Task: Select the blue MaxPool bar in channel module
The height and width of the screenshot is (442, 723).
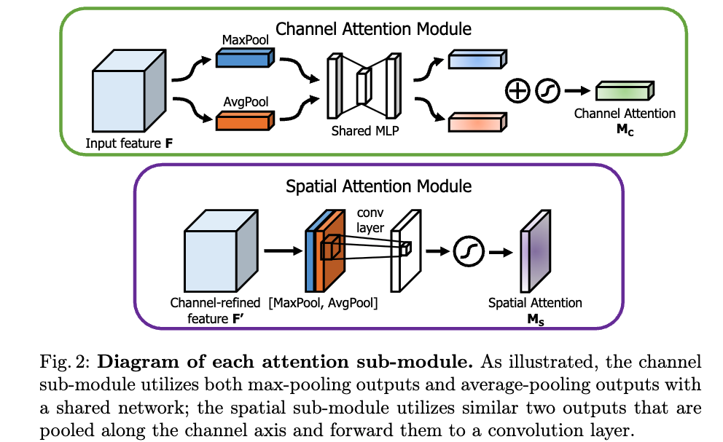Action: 244,59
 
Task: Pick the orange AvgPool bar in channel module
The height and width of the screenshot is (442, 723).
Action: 244,119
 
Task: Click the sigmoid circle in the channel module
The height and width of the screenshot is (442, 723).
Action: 547,90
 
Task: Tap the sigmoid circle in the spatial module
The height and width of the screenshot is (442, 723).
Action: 465,252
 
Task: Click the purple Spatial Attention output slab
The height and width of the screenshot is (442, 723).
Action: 534,251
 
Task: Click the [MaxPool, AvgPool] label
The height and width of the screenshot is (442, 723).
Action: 322,302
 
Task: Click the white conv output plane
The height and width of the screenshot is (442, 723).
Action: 402,251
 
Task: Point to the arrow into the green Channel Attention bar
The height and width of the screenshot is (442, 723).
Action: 577,91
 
